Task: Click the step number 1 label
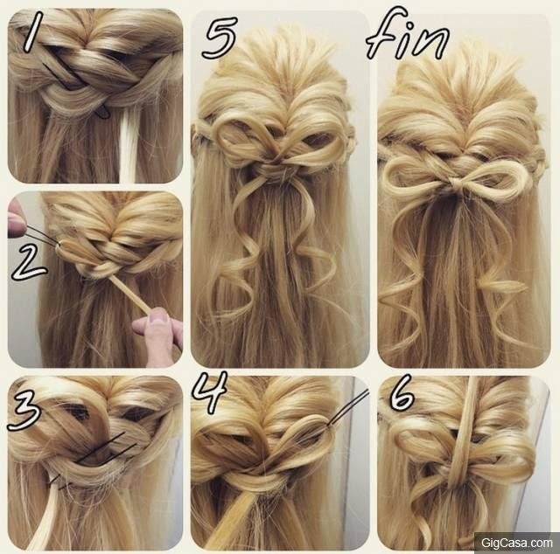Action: tap(33, 31)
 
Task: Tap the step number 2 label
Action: tap(29, 263)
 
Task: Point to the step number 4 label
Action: tap(210, 391)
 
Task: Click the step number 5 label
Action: tap(220, 37)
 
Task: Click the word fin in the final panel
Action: tap(407, 36)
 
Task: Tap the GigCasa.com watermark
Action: tap(516, 543)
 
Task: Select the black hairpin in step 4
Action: tap(347, 408)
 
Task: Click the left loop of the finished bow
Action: tap(416, 176)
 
